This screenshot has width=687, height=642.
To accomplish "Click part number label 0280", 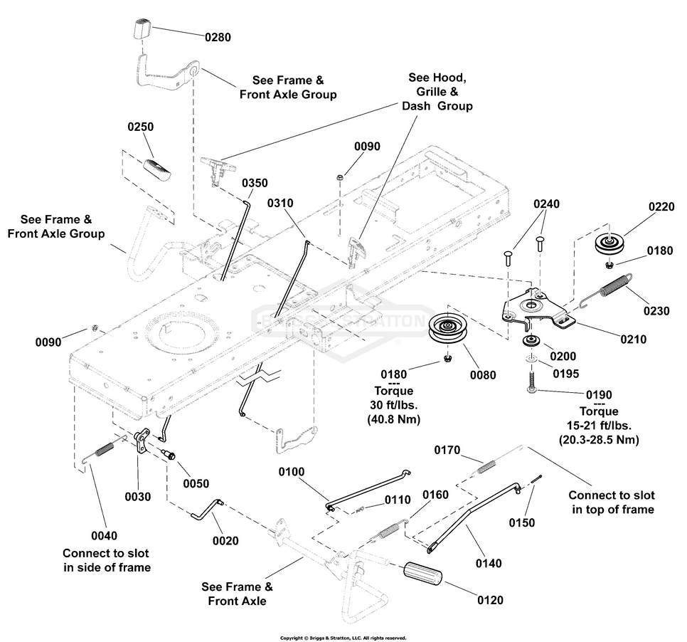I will [x=219, y=36].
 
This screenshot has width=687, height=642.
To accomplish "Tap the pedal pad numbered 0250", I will [x=157, y=169].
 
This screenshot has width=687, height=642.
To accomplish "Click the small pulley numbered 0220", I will [x=608, y=244].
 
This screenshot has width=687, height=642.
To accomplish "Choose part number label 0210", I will [x=632, y=340].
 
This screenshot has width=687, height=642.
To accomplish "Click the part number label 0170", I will [x=449, y=451].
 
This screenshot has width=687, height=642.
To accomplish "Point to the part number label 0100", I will [x=292, y=472].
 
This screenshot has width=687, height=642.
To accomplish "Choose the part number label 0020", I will [x=225, y=541].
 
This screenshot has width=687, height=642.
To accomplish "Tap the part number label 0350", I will [x=255, y=183].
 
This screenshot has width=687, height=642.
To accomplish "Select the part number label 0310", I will [x=281, y=204].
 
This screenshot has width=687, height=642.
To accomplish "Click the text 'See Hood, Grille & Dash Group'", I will [x=437, y=91].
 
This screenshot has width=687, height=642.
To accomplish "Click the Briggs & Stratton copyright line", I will [x=343, y=638].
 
